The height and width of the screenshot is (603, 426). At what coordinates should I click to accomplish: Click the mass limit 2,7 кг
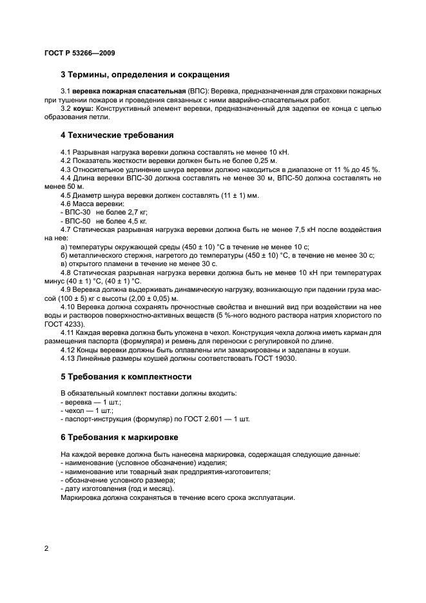click(134, 212)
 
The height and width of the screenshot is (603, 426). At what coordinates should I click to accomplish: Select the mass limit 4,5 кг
click(134, 220)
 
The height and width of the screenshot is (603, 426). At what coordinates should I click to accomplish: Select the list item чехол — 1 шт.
click(87, 410)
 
